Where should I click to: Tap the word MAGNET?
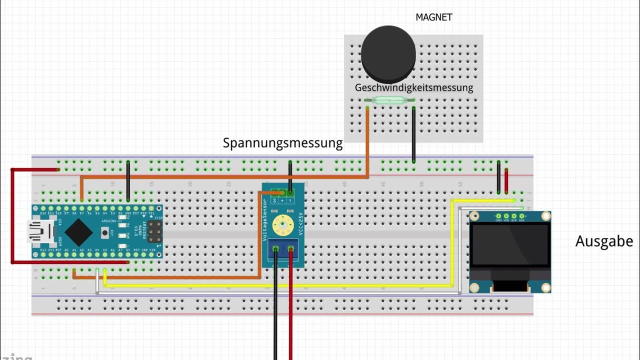point(433,17)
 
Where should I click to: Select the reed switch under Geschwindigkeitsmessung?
point(391,100)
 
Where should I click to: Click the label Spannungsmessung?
point(282,143)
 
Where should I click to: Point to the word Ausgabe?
point(603,241)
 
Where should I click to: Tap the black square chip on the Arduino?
point(78,231)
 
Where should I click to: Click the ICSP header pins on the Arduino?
point(153,231)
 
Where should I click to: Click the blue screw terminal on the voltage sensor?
point(283,248)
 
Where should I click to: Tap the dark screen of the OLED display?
point(509,245)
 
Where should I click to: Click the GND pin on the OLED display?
point(498,216)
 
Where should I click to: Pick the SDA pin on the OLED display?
point(521,216)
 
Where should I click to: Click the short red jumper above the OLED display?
point(506,181)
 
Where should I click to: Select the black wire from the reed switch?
point(413,133)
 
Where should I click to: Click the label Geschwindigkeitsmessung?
point(413,87)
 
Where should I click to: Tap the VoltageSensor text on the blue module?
point(265,220)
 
